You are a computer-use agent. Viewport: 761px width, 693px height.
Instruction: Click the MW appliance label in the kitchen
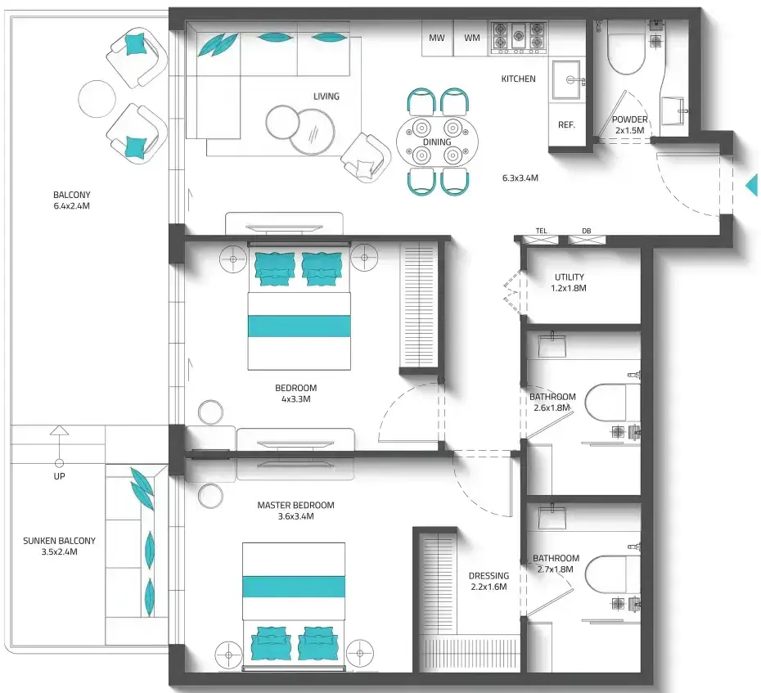436,38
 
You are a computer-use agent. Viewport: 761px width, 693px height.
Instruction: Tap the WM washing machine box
471,38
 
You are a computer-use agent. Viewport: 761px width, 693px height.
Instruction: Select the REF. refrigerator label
566,124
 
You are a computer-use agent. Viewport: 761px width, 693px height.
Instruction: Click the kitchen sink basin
566,79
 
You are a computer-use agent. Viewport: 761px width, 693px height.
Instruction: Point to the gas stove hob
518,38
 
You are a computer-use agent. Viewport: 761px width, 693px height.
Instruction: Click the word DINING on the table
437,142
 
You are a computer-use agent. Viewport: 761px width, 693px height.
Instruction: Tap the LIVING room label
326,96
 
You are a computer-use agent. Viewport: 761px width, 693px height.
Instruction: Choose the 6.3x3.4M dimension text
520,178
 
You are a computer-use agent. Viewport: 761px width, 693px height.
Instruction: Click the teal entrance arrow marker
752,185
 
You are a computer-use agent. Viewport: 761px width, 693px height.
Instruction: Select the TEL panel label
541,231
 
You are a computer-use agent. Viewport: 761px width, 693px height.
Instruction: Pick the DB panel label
586,231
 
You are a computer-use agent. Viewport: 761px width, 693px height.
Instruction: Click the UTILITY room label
570,277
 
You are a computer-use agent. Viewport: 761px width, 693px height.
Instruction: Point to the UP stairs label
59,476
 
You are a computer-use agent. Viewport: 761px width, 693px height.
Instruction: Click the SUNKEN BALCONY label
59,541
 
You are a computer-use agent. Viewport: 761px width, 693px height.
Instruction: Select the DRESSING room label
489,575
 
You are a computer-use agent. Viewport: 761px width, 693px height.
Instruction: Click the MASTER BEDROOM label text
295,505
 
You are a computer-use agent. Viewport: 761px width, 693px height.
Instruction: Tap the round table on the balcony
97,98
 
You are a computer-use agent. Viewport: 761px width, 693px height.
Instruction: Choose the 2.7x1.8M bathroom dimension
556,569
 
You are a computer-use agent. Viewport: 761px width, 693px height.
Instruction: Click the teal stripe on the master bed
294,587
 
